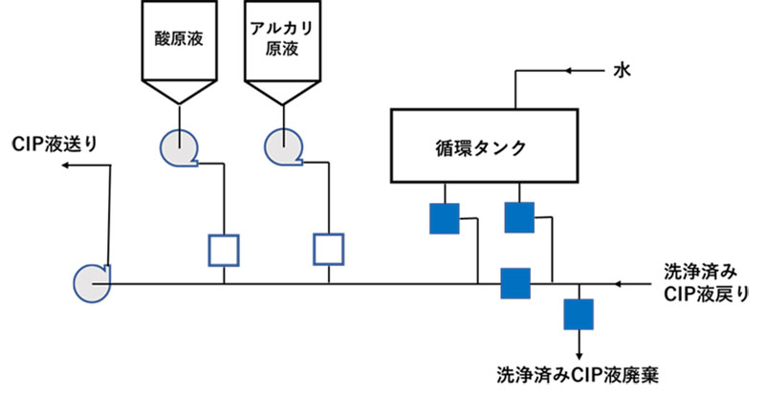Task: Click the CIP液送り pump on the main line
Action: click(x=92, y=281)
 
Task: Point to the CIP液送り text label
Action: click(x=55, y=144)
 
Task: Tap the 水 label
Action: click(x=621, y=71)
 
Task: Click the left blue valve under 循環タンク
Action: click(x=444, y=218)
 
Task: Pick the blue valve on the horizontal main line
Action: click(x=515, y=283)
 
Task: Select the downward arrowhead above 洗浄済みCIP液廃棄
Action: click(x=579, y=351)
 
